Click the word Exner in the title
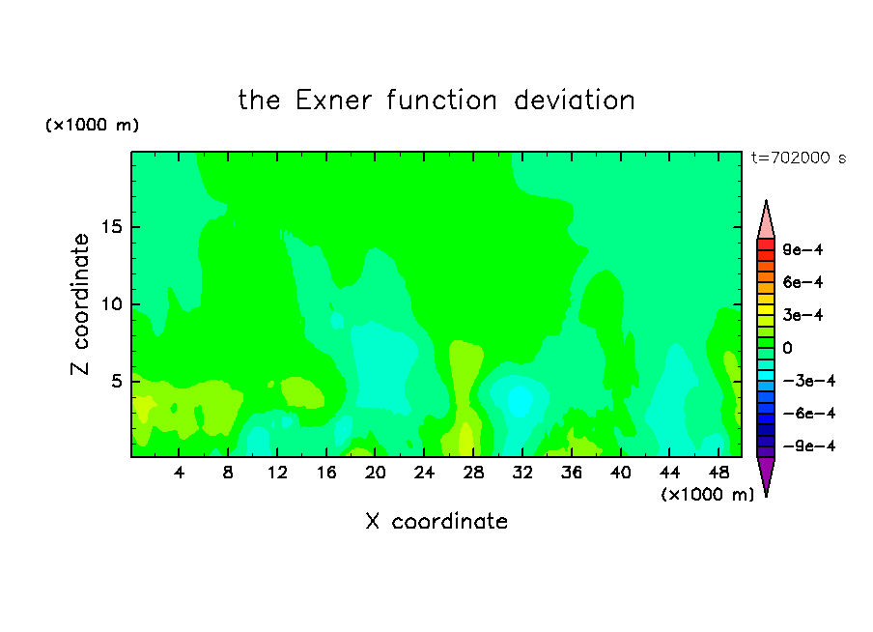pos(333,101)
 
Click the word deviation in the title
pos(575,101)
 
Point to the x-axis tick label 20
pos(376,473)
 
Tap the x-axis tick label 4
pos(179,473)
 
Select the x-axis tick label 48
pos(718,473)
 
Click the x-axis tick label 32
pos(522,473)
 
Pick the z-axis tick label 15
pos(111,227)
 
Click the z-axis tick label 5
pos(116,381)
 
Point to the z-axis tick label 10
pos(111,304)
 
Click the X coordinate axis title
pos(436,521)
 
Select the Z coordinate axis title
pos(79,303)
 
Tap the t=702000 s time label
pos(799,158)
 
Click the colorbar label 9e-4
pos(803,249)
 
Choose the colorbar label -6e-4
pos(809,414)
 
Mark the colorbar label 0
pos(787,348)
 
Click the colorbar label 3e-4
pos(803,315)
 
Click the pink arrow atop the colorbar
pos(766,220)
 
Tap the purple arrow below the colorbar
pos(766,475)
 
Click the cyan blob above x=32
pos(521,401)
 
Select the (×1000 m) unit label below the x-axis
pos(707,495)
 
